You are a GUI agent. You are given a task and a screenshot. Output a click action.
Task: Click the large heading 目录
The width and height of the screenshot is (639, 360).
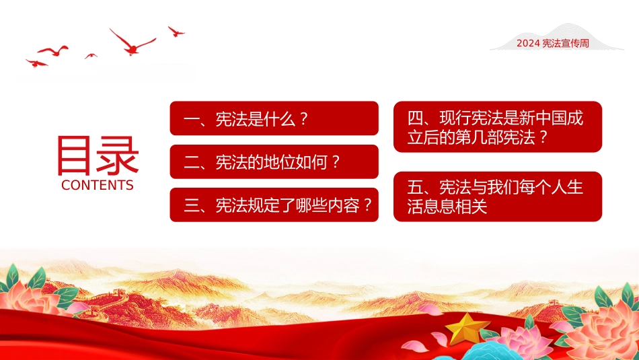point(98,155)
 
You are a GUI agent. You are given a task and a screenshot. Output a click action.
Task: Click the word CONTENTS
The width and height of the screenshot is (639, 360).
point(98,185)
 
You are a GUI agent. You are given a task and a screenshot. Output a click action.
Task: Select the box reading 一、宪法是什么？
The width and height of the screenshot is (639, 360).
point(274,118)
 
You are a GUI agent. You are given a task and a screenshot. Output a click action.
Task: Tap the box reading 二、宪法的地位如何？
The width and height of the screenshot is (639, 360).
point(274,161)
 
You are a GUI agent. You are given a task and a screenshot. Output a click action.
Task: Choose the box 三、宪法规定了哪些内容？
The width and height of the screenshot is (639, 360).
point(274,205)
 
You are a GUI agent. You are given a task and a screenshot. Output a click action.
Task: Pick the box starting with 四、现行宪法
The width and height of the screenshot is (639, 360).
point(498,127)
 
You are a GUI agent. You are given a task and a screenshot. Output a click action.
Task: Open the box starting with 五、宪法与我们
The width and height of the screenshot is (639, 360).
point(498,196)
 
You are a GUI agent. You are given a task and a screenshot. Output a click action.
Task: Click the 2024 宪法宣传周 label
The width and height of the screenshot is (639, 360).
point(553,43)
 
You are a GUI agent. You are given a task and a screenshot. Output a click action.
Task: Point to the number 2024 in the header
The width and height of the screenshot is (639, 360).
point(528,43)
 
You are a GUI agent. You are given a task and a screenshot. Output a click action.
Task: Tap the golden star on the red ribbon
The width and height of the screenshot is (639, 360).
point(467,328)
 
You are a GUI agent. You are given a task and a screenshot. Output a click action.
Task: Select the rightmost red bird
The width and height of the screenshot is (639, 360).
point(176,32)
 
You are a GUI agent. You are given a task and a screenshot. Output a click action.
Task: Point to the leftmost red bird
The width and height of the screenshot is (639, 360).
point(36,63)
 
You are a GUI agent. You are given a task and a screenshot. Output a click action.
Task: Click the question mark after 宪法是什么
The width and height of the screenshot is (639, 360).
point(303,119)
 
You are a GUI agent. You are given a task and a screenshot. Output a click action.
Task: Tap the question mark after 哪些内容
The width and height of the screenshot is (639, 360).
point(367,205)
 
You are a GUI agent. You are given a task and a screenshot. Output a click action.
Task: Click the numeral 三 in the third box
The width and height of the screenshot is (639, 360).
point(192,205)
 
